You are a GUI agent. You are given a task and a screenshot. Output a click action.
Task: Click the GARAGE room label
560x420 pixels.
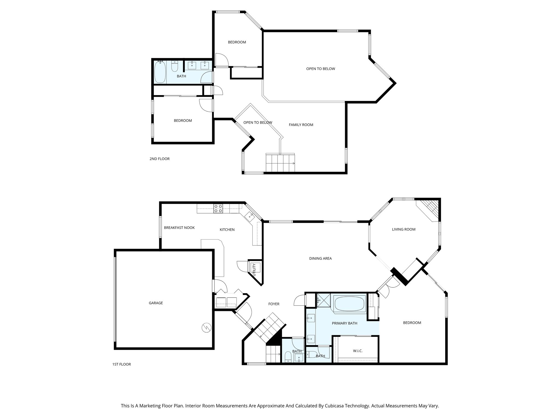(x=156, y=303)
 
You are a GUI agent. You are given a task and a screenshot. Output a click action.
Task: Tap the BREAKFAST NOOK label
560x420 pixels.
(x=179, y=227)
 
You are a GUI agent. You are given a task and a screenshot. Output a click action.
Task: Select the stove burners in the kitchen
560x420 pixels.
(x=218, y=209)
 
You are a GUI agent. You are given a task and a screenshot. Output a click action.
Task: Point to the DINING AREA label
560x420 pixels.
(x=320, y=258)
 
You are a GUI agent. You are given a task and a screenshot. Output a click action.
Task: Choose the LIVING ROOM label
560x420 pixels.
(x=404, y=229)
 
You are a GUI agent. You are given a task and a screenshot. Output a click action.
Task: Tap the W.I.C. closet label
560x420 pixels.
(x=358, y=351)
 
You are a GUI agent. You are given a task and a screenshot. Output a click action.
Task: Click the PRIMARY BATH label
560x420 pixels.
(x=345, y=323)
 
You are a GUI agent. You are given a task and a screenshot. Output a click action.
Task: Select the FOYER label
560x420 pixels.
(x=274, y=304)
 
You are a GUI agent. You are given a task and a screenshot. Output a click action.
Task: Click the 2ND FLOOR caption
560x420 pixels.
(x=159, y=159)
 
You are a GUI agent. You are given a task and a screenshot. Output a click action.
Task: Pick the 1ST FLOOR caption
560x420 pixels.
(x=121, y=364)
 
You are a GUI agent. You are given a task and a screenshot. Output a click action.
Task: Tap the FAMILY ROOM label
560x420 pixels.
(x=301, y=125)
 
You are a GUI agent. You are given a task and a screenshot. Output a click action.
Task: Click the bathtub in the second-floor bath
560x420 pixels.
(x=160, y=72)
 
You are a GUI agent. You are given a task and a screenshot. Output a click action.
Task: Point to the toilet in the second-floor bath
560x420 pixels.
(x=174, y=66)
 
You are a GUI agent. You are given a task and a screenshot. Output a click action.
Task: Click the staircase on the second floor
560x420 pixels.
(x=280, y=163)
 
